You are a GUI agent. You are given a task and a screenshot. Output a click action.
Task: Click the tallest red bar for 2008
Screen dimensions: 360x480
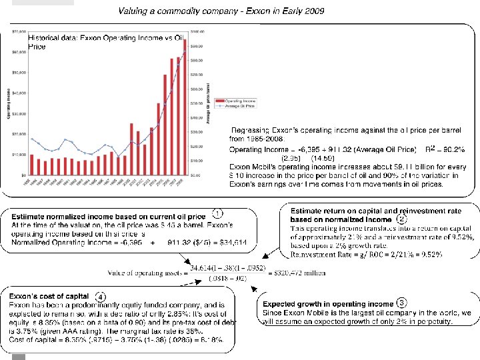[185, 107]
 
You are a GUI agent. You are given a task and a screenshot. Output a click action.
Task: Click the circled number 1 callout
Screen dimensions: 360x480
[217, 214]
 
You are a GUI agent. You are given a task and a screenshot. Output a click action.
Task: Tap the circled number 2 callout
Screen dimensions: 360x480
[402, 219]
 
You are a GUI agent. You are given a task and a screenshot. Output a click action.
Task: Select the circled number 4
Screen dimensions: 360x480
[100, 296]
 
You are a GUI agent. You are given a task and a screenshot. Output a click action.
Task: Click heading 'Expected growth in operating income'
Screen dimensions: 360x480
[329, 305]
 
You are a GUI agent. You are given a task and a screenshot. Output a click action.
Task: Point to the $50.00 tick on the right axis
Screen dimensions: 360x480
[198, 103]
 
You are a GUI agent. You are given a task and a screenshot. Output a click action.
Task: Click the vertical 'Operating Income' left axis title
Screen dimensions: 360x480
[8, 103]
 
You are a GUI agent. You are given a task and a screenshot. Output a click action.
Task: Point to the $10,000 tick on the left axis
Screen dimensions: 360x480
[19, 154]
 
